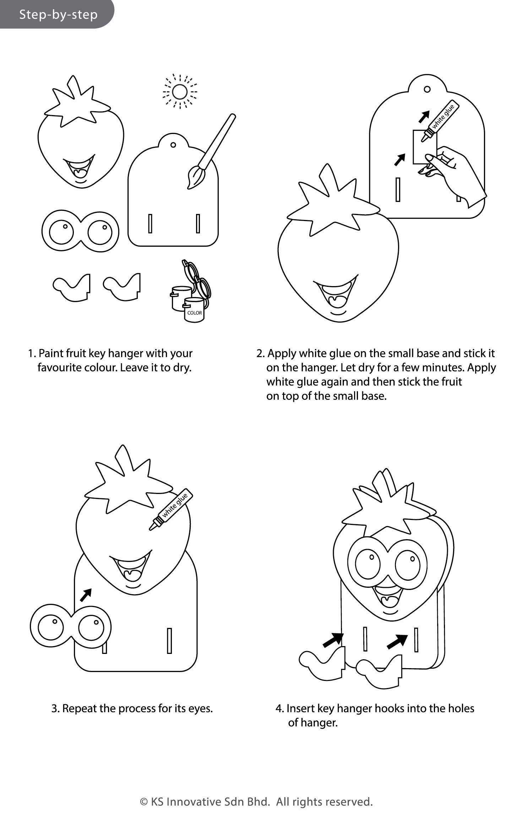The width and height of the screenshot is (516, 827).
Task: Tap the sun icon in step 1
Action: coord(179,92)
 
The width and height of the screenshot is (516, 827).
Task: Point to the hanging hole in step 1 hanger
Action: coord(173,145)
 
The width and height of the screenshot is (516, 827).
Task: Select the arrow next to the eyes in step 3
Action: coord(86,595)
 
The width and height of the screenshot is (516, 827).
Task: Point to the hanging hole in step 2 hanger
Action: coord(428,89)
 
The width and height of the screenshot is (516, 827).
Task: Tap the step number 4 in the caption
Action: coord(279,709)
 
